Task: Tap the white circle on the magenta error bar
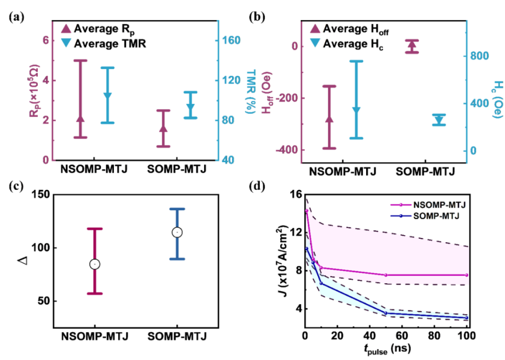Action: tap(95, 264)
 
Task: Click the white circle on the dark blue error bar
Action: tap(177, 232)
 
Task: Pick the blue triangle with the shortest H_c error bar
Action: tap(439, 119)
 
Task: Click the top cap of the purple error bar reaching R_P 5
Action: tap(80, 60)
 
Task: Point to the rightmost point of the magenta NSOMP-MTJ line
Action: tap(467, 275)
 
